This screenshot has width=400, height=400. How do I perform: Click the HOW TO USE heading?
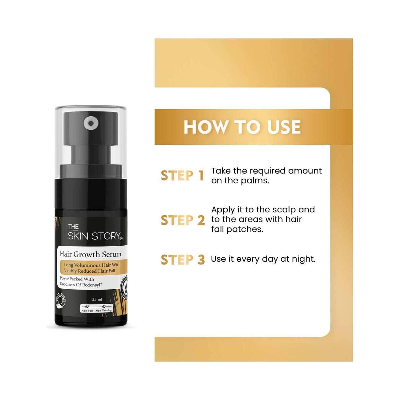pos(242,127)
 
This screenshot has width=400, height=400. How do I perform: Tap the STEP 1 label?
pos(182,176)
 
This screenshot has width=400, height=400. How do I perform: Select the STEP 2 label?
pos(183,220)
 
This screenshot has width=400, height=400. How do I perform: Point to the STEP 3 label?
pos(183,260)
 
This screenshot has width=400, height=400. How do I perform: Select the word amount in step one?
pos(305,171)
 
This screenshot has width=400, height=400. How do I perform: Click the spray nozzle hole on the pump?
pos(91,123)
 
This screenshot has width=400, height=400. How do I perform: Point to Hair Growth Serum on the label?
pos(91,254)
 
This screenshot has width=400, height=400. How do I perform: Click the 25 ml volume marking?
pos(97,299)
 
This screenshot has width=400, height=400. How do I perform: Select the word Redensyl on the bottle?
pos(92,285)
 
